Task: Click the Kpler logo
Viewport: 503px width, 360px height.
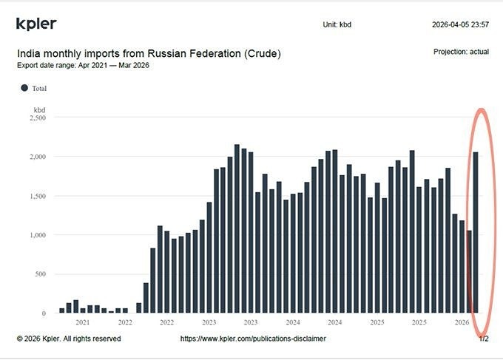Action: click(36, 24)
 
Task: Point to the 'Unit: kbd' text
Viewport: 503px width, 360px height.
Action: click(337, 24)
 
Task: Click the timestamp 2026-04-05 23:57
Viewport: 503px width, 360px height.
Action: click(460, 24)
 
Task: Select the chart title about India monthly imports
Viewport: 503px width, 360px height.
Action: click(149, 54)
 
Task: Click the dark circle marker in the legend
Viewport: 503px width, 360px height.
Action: click(24, 88)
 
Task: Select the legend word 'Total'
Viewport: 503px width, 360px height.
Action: click(39, 88)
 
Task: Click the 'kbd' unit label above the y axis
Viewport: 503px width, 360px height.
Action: click(40, 109)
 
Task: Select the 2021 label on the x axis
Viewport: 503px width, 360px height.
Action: click(83, 322)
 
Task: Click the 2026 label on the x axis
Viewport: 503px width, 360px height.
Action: click(462, 322)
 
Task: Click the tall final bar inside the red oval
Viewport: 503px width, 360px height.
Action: click(476, 233)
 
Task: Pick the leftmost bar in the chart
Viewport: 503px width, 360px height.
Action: click(62, 310)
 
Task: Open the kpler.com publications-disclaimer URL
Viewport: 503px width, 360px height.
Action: click(253, 339)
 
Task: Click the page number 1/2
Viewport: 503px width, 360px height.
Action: click(484, 339)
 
